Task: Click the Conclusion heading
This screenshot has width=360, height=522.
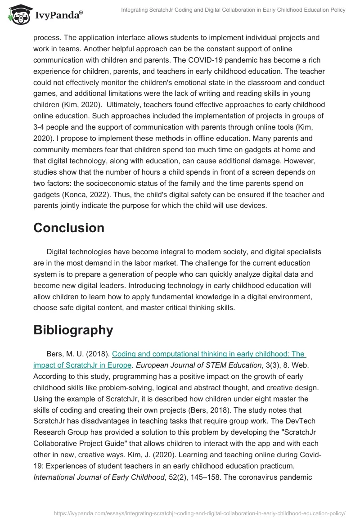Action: pyautogui.click(x=69, y=228)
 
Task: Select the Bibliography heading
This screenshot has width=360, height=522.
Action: pyautogui.click(x=73, y=330)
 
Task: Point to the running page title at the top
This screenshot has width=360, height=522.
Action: pyautogui.click(x=233, y=10)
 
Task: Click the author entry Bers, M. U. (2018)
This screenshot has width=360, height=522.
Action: pyautogui.click(x=77, y=354)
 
